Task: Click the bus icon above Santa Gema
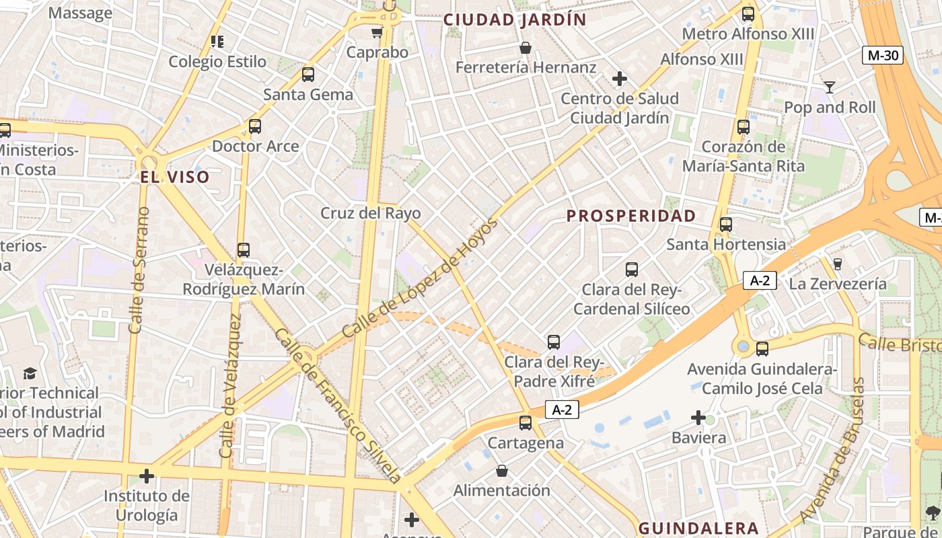click(308, 75)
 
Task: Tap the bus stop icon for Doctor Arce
click(255, 126)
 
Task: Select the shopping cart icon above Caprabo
click(377, 32)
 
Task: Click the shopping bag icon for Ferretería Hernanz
click(526, 48)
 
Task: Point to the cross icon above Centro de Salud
click(620, 79)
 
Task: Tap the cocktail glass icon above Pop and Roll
click(830, 87)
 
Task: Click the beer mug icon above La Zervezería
click(838, 264)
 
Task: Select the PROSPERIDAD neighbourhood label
click(631, 216)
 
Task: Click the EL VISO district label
click(175, 178)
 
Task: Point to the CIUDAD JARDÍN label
click(515, 20)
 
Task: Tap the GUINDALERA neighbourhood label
click(698, 529)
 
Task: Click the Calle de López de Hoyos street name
click(420, 278)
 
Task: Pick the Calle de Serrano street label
click(139, 270)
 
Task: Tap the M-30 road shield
click(883, 55)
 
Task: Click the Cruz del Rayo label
click(371, 214)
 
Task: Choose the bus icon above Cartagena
click(526, 423)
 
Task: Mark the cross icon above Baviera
click(698, 418)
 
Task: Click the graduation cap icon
click(30, 373)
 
